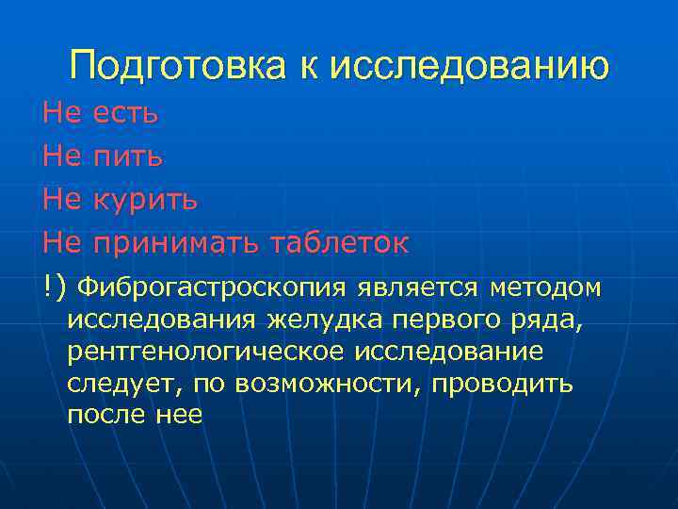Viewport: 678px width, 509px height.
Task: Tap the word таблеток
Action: click(340, 243)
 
